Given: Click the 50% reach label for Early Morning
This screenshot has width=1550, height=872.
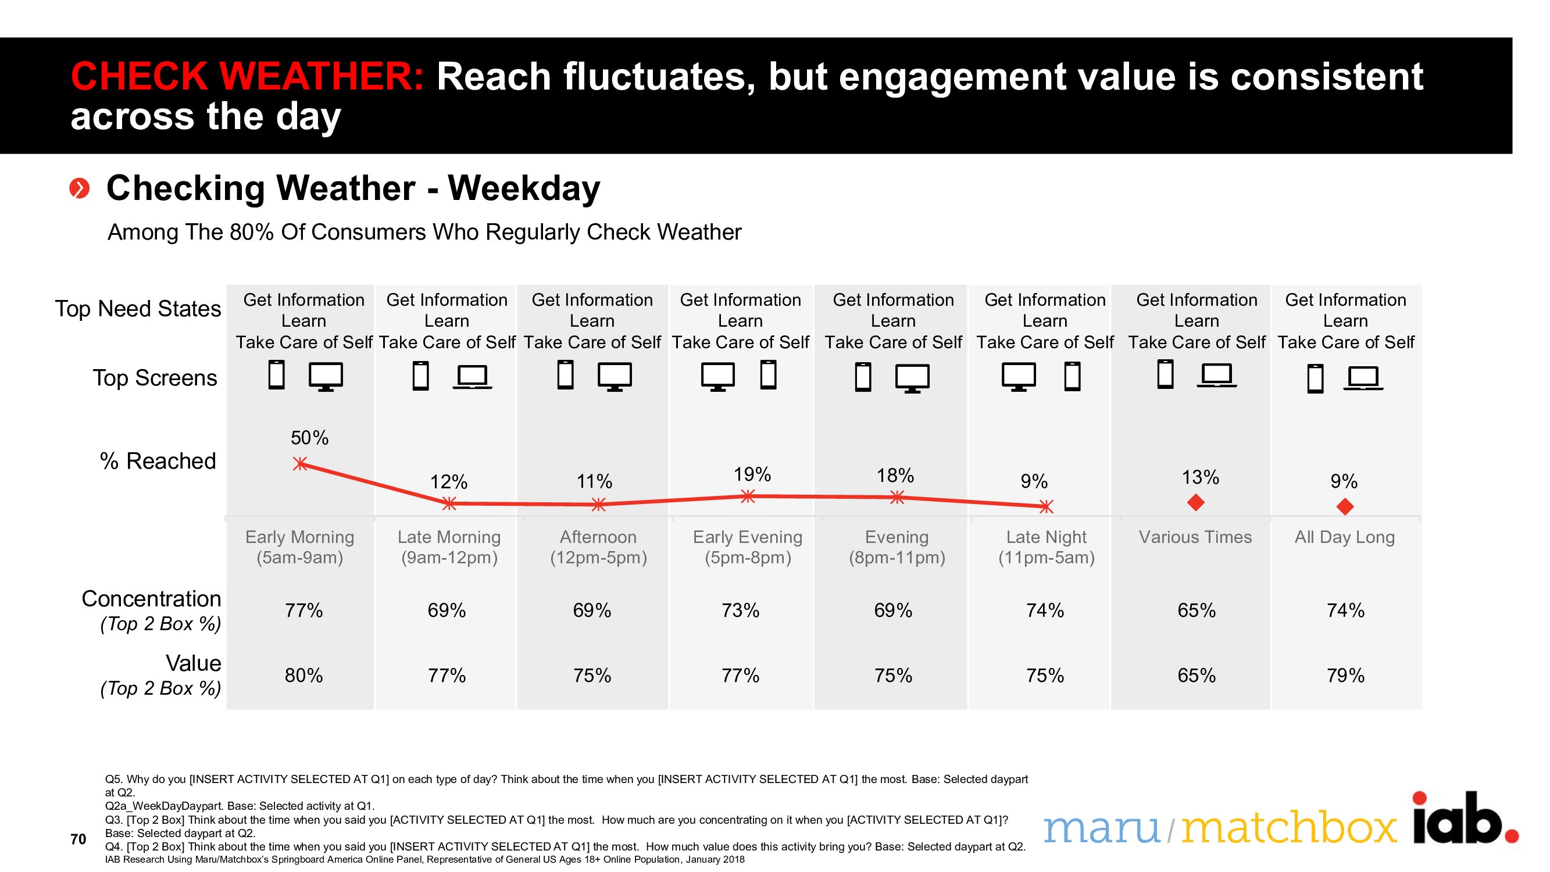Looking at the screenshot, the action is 309,438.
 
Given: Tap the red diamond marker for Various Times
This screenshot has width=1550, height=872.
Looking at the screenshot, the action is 1195,502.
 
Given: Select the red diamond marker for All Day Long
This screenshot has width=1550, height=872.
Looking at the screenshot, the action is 1345,507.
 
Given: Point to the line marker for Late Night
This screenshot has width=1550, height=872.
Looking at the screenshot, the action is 1047,507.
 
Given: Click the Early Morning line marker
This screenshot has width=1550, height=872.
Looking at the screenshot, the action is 299,463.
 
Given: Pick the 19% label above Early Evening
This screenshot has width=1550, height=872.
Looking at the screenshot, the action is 752,474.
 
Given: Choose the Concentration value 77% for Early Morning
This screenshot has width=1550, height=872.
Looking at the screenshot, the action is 304,610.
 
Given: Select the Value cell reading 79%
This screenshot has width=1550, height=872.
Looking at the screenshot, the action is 1345,675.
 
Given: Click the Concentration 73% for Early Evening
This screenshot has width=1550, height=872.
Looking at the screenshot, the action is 740,610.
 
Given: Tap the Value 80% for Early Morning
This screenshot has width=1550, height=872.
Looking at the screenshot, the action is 304,675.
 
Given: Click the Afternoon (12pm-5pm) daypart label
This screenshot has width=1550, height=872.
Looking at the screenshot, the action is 598,547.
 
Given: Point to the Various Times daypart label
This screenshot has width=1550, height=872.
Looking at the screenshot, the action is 1195,537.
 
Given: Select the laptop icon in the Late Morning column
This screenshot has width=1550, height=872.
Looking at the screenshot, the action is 472,377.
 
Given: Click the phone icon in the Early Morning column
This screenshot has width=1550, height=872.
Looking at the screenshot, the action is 276,374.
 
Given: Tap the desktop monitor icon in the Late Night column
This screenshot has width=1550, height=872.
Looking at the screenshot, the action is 1019,377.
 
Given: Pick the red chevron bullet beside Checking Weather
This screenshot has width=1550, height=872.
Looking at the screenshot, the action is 80,188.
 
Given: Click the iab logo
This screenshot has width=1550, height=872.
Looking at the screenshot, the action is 1466,819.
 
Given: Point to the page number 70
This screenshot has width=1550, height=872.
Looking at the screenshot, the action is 78,839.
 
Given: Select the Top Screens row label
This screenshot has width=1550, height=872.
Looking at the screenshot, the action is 155,378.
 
